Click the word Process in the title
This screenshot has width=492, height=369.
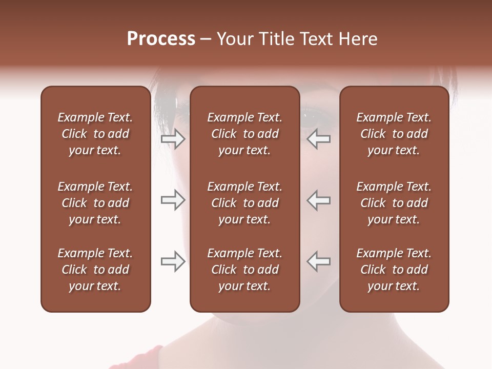coord(161,39)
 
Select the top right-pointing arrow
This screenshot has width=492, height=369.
coord(173,139)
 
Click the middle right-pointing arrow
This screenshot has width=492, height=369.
coord(173,200)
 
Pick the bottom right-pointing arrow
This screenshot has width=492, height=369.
coord(173,262)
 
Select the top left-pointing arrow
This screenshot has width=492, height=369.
coord(319,139)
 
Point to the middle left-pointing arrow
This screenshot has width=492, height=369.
coord(319,200)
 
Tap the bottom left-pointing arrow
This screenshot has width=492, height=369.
coord(319,262)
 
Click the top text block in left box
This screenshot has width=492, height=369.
coord(95,134)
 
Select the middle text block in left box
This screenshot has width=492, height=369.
coord(95,203)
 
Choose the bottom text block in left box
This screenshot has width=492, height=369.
coord(95,270)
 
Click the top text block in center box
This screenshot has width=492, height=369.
coord(244,134)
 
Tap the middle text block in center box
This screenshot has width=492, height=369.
coord(244,203)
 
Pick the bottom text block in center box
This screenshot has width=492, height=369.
coord(244,270)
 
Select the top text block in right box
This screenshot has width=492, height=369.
coord(394,134)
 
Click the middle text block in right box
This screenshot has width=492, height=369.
coord(394,203)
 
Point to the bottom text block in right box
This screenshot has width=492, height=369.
coord(394,270)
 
